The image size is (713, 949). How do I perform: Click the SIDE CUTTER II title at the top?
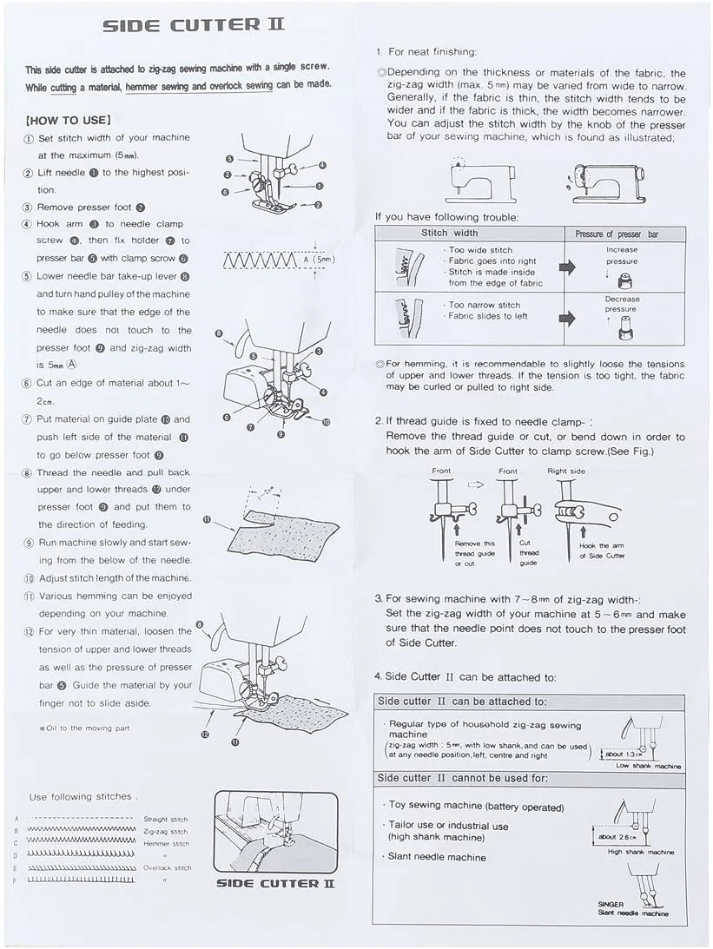[193, 25]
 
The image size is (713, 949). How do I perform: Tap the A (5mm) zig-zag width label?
[319, 259]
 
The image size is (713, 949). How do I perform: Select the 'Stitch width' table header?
[449, 234]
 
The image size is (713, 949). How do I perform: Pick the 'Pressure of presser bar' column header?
[617, 234]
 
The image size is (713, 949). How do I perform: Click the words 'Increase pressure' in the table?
[622, 255]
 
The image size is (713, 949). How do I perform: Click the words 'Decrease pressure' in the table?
[622, 304]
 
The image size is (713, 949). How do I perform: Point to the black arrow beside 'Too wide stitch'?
[567, 267]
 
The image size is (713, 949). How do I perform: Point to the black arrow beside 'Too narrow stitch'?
[567, 318]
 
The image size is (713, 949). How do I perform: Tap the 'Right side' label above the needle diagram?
[566, 471]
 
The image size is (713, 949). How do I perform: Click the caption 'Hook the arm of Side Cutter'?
[602, 550]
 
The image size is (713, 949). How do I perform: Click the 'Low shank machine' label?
[649, 766]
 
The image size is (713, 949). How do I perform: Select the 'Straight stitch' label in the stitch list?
[166, 819]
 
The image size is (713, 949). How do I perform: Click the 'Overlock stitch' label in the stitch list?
[166, 867]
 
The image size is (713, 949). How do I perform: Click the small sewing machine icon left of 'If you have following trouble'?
[468, 181]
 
